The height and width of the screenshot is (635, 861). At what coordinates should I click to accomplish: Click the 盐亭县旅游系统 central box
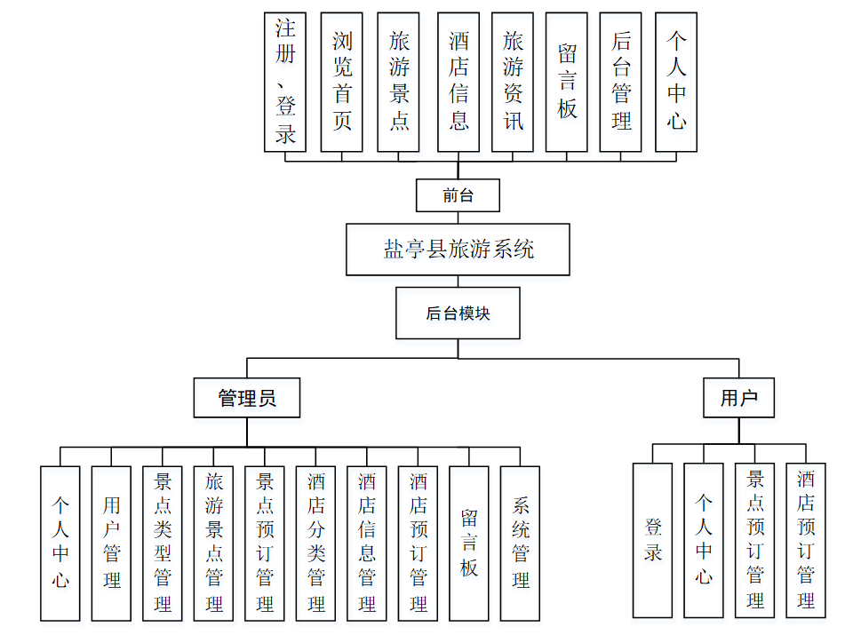point(458,250)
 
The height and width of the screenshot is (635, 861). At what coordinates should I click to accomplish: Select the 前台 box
point(458,195)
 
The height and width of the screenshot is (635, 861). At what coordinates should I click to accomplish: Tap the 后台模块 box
point(458,313)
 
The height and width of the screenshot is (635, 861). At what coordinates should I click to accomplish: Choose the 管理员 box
point(247,398)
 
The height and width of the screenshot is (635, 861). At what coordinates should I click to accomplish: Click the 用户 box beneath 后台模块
point(738,398)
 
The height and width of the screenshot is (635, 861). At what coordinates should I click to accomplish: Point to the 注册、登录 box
point(285,82)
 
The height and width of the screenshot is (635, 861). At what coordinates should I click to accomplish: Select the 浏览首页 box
point(341,82)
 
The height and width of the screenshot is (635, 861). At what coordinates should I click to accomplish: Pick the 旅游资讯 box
point(513,82)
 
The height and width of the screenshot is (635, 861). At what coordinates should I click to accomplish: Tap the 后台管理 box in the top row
point(621,82)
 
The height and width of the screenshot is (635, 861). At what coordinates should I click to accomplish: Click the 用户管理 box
point(111,542)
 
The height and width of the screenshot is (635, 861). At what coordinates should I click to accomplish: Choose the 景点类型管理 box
point(163,542)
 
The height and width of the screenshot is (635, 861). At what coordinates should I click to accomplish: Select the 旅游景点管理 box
point(214,542)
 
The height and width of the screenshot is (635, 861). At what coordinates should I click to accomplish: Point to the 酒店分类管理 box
point(316,542)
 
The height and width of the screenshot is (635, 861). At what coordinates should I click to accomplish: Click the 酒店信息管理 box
point(367,542)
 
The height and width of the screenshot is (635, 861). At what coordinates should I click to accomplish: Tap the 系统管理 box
point(521,542)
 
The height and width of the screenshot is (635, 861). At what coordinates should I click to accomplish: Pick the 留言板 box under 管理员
point(469,542)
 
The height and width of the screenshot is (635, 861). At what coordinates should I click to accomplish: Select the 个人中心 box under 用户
point(704,539)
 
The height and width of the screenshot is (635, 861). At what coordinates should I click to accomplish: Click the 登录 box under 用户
point(653,539)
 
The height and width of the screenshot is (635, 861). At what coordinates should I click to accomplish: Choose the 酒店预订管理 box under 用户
point(806,539)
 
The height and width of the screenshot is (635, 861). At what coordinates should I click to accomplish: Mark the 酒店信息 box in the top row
point(458,82)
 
